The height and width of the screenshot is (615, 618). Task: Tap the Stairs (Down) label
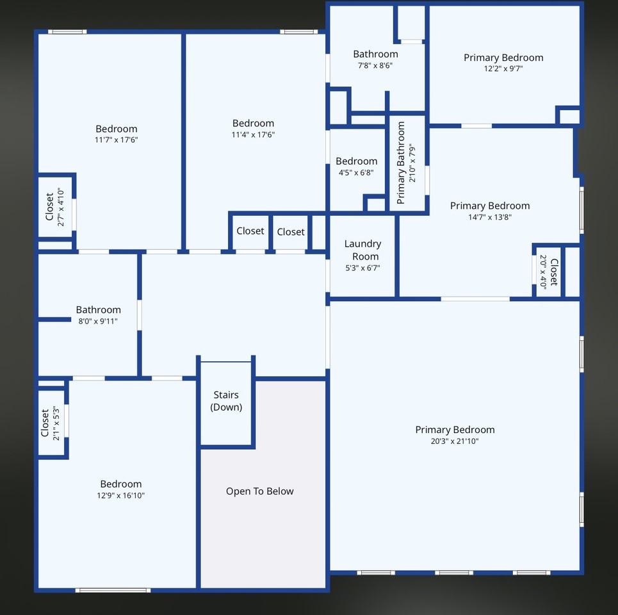click(226, 401)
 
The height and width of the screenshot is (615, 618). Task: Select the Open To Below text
click(259, 491)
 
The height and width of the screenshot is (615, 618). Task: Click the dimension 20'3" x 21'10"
click(455, 441)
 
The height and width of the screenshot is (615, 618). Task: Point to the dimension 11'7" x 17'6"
click(116, 140)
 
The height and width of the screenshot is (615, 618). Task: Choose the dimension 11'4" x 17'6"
click(253, 135)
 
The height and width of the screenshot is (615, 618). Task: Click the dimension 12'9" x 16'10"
click(120, 495)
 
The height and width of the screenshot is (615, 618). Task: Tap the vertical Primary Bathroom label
click(401, 163)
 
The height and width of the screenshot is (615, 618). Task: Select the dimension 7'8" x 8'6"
click(375, 65)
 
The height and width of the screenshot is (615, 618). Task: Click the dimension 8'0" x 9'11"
click(98, 322)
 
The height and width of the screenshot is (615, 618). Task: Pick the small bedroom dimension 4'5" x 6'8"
click(356, 172)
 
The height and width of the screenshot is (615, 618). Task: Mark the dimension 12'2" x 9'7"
click(503, 69)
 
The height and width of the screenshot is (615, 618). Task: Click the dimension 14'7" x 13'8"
click(490, 217)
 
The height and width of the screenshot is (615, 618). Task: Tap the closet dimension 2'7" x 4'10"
click(61, 206)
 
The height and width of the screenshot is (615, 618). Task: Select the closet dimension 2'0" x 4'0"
click(544, 272)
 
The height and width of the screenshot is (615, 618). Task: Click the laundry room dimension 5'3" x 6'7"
click(362, 268)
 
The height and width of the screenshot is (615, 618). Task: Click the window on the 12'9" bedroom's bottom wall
click(113, 590)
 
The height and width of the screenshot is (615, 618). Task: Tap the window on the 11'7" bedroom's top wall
click(67, 31)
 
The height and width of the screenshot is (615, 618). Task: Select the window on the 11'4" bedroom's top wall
click(298, 31)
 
